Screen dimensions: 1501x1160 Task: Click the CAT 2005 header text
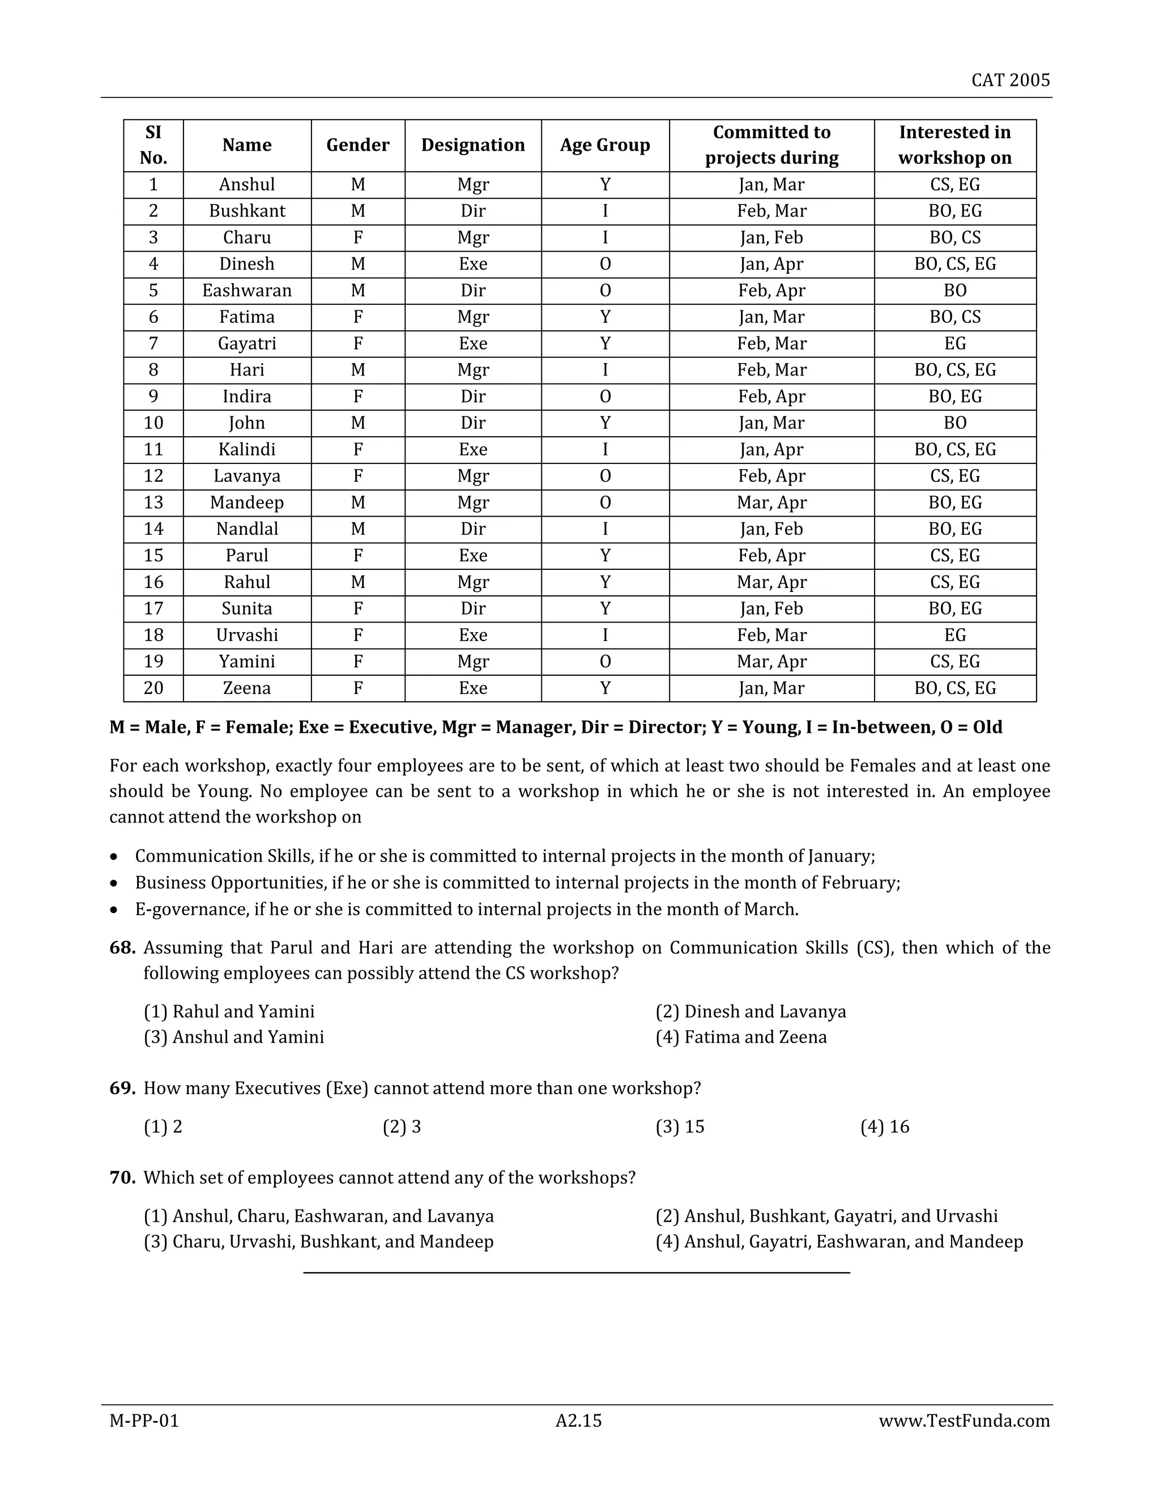pyautogui.click(x=1010, y=80)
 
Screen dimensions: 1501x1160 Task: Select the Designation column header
pyautogui.click(x=473, y=145)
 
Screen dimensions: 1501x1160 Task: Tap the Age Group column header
pyautogui.click(x=605, y=145)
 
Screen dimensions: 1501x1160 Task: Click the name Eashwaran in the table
pyautogui.click(x=247, y=291)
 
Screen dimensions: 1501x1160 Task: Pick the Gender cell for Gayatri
pyautogui.click(x=357, y=344)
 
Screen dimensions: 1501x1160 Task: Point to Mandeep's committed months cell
pyautogui.click(x=771, y=502)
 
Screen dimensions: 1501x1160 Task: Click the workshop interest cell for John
pyautogui.click(x=954, y=423)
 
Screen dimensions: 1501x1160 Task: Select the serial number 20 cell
pyautogui.click(x=153, y=688)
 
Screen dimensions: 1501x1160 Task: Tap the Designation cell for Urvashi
pyautogui.click(x=473, y=635)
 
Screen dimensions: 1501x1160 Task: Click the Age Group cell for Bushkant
pyautogui.click(x=605, y=211)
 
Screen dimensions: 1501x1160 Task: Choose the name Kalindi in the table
pyautogui.click(x=247, y=450)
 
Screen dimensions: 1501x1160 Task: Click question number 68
pyautogui.click(x=122, y=948)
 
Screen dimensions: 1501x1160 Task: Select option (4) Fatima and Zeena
pyautogui.click(x=741, y=1037)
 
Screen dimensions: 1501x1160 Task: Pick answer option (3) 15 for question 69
pyautogui.click(x=680, y=1127)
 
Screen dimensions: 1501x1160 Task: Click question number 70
pyautogui.click(x=122, y=1178)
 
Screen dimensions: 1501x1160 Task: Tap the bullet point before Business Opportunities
pyautogui.click(x=114, y=883)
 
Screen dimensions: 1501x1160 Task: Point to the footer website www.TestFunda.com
pyautogui.click(x=963, y=1421)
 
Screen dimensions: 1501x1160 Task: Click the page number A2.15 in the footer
pyautogui.click(x=579, y=1421)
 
